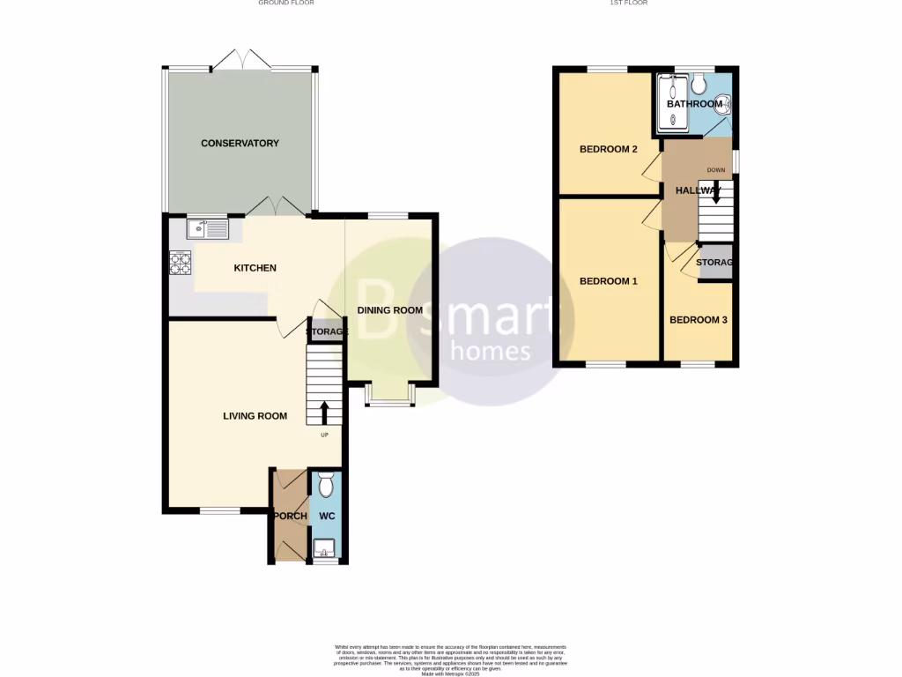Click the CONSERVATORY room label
240,143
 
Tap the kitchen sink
207,230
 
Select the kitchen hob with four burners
181,262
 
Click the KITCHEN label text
255,268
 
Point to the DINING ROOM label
389,310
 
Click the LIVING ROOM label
255,416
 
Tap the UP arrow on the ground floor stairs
324,412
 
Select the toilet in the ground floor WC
325,486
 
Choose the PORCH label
290,517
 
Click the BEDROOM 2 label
608,149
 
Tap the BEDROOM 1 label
608,281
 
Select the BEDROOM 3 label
698,320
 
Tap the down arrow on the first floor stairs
715,193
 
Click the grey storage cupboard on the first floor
714,264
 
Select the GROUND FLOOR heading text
286,4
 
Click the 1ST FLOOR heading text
628,4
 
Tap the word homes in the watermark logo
490,352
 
